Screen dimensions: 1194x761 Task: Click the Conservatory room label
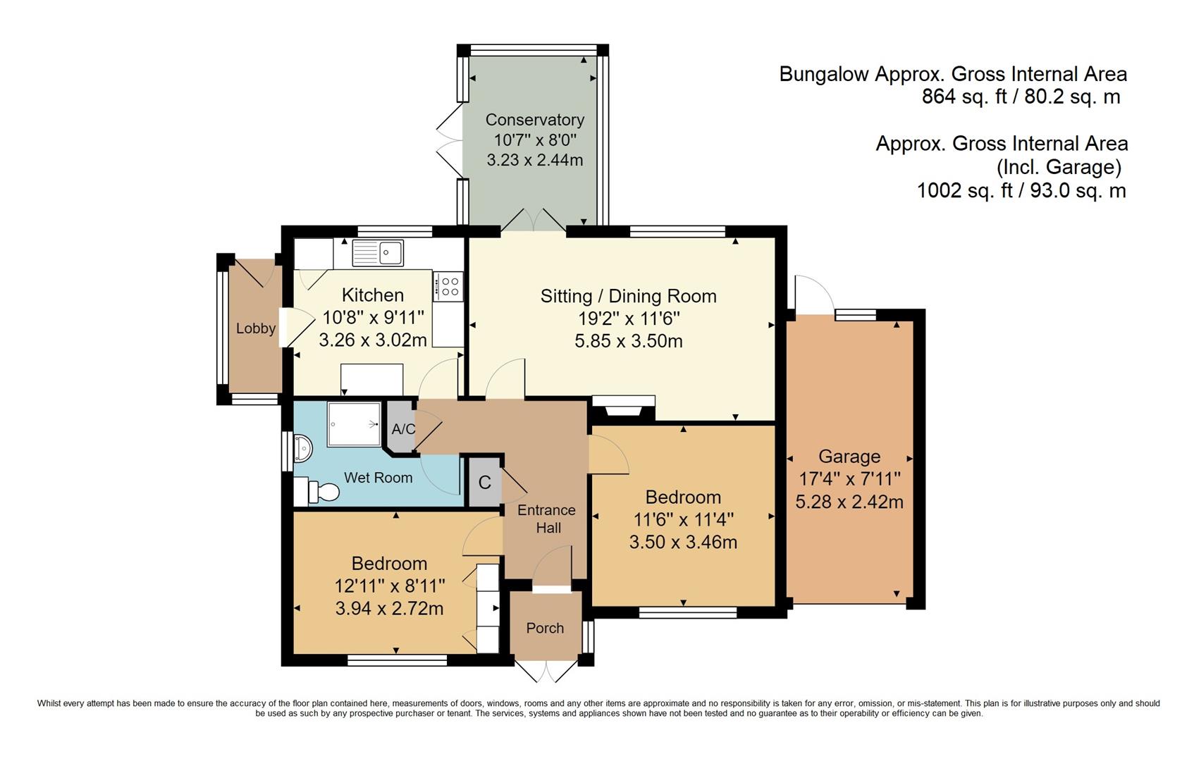click(x=535, y=119)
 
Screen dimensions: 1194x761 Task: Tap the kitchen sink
click(x=377, y=253)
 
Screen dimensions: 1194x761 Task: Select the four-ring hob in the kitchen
click(x=448, y=286)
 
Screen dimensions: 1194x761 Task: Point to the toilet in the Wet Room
click(x=318, y=491)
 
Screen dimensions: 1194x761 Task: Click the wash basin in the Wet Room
click(x=302, y=448)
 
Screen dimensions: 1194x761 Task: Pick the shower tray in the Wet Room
click(x=354, y=424)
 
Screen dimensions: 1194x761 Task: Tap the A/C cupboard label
click(x=403, y=429)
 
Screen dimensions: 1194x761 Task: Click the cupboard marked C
click(x=484, y=482)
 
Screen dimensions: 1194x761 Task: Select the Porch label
click(x=545, y=628)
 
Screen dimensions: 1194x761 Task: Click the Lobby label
click(x=256, y=328)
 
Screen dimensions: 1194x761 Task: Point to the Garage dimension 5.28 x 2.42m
click(x=849, y=502)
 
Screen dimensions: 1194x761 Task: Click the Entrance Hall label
click(x=547, y=519)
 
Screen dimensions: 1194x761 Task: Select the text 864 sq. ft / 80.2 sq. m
click(x=1021, y=97)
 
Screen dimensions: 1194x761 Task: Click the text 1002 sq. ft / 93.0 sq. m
click(x=1021, y=190)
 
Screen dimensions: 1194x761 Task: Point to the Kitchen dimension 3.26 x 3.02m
click(x=373, y=340)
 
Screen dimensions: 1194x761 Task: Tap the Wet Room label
click(x=378, y=478)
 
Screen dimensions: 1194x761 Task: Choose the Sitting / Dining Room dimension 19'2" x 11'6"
click(x=629, y=318)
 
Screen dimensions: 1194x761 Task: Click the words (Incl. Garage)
click(x=1059, y=167)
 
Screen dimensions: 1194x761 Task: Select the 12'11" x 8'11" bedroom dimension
click(x=390, y=586)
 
